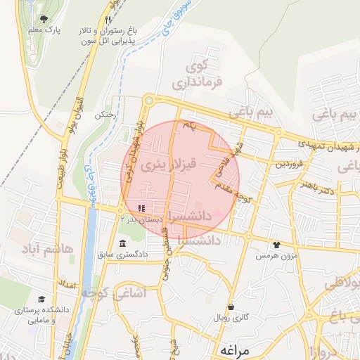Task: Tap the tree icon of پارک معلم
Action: [x=45, y=19]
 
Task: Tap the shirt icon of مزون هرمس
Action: [x=276, y=245]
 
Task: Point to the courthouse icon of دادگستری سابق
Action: [x=123, y=243]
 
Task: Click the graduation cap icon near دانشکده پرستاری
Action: [x=41, y=299]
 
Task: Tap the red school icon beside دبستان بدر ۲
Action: [x=141, y=209]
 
